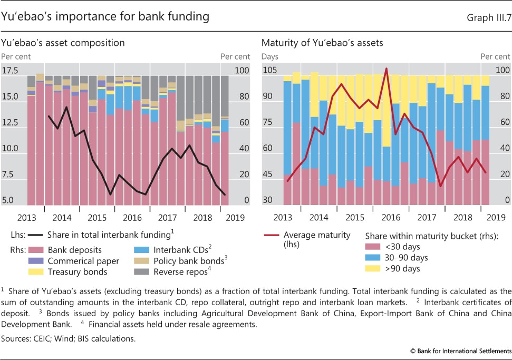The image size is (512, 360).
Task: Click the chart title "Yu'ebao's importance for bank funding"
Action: [x=105, y=16]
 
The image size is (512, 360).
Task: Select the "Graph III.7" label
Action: [x=488, y=17]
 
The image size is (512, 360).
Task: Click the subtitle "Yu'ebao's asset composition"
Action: [x=63, y=42]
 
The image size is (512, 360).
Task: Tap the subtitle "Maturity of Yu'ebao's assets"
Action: [x=322, y=42]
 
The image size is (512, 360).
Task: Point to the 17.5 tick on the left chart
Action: [x=10, y=71]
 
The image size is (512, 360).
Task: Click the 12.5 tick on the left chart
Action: [x=10, y=123]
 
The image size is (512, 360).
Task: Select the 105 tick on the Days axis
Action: [x=271, y=71]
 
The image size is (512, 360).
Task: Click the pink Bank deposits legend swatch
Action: [x=35, y=250]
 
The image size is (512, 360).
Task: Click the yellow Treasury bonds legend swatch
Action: [x=35, y=272]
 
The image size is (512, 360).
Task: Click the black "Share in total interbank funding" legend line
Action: [x=35, y=235]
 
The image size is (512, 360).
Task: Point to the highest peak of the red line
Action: [x=387, y=69]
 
